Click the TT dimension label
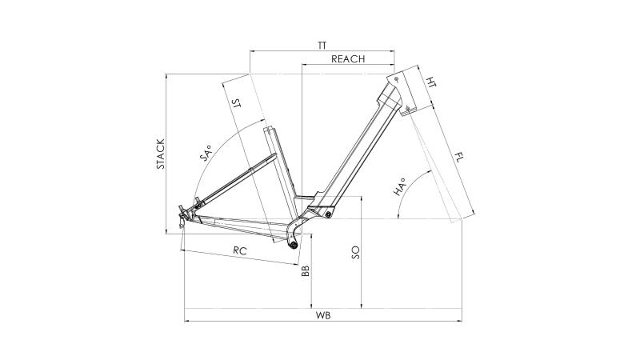322,46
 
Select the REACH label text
348,59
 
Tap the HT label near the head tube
431,82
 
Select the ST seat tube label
235,104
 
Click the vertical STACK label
160,154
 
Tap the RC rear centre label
238,250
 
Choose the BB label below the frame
305,272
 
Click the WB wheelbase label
322,315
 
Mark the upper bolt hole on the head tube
396,78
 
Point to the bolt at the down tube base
328,212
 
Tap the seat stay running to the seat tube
232,178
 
